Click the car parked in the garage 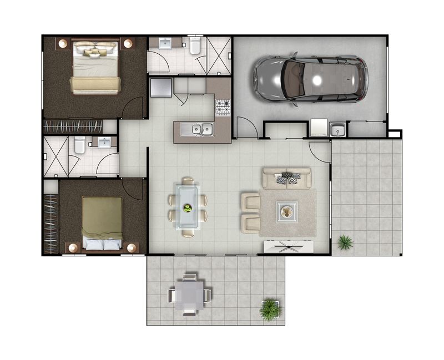310,79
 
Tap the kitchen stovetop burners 223,107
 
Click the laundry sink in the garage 337,130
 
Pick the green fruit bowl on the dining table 188,209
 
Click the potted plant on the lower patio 270,308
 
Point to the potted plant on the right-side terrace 345,242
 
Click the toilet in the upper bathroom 195,45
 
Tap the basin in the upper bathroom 165,44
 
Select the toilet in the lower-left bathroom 80,145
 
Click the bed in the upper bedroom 95,68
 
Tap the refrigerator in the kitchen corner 161,88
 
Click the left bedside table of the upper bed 63,43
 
